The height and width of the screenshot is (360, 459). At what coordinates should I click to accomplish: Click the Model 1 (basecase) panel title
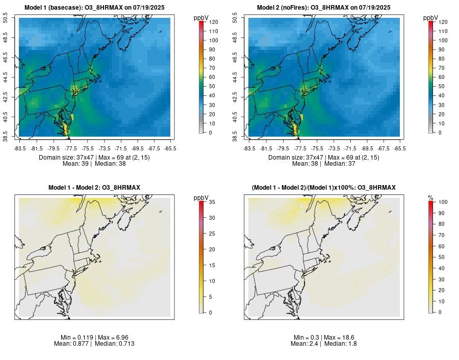click(94, 7)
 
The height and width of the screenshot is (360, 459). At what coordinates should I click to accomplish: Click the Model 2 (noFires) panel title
click(323, 7)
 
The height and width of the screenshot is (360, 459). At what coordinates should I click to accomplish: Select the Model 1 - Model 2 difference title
click(94, 188)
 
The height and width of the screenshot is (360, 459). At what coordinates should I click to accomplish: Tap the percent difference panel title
click(323, 188)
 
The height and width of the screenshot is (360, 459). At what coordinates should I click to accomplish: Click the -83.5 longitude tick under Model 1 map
click(20, 148)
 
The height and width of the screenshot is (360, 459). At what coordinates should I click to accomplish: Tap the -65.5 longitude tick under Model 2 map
click(400, 148)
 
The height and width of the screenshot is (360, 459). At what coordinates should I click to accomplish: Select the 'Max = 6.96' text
click(110, 338)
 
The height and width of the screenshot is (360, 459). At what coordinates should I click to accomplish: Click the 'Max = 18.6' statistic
click(339, 338)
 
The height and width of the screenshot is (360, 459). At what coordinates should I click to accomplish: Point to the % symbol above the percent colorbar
click(430, 197)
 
